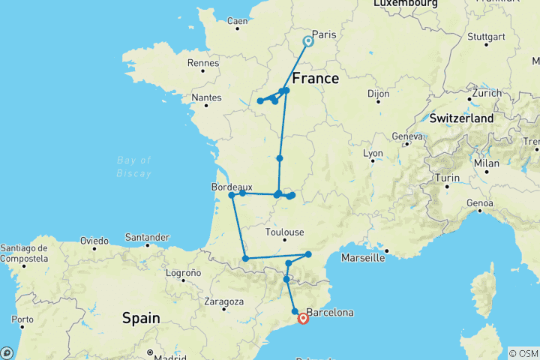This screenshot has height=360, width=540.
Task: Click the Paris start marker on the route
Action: point(307,41)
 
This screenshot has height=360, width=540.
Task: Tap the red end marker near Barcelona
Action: point(303,319)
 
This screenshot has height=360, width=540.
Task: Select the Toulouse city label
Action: point(284,232)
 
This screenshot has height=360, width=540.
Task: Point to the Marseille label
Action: point(362,258)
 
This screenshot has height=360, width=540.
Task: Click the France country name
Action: point(315,78)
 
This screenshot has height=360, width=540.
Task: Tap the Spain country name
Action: point(141,318)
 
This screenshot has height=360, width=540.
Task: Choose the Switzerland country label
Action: point(462,118)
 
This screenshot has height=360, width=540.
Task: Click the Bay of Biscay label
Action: point(135,166)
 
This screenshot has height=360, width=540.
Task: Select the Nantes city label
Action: point(207,97)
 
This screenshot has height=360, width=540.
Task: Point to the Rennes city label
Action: point(203,62)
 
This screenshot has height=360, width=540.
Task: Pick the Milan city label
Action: point(487,163)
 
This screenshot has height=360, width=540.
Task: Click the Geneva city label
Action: point(408,136)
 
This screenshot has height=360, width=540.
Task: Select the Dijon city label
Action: point(379,94)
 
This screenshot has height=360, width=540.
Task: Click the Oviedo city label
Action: point(93,241)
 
